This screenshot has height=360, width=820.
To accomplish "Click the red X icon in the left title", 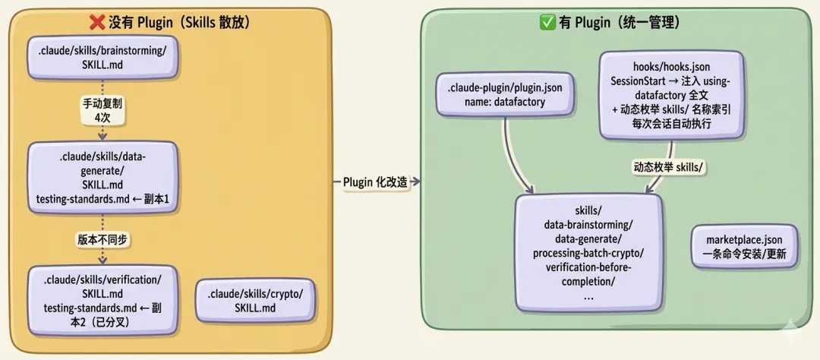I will pos(98,23).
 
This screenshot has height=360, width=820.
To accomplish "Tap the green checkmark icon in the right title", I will pos(547,23).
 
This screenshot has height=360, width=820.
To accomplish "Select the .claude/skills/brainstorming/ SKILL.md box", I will pos(102,58).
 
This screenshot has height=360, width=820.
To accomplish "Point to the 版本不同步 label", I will pos(102,238).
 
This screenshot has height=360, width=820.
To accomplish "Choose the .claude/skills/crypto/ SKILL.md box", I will pos(254,301).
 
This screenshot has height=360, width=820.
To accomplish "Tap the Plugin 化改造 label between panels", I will pos(375,182).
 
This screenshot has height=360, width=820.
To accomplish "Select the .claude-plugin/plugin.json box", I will pos(505,94).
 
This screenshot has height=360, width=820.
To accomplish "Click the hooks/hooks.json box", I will pos(670,94).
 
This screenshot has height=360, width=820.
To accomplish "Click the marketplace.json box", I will pos(744,245).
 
